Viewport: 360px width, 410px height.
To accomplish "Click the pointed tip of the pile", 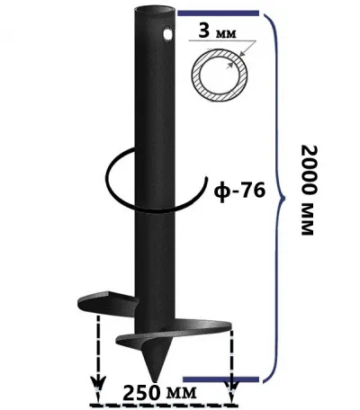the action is coord(156,380).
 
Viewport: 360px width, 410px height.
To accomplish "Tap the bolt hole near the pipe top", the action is coord(167,32).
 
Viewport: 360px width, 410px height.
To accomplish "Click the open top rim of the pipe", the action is coord(155,10).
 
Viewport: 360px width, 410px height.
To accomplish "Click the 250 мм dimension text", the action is coord(160,393).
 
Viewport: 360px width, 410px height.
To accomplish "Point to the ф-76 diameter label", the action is coord(240,191).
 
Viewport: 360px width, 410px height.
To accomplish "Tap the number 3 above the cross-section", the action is coord(204,31).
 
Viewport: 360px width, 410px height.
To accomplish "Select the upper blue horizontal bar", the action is coord(218,13).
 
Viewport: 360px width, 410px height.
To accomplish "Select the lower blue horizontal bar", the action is coord(220,379).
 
